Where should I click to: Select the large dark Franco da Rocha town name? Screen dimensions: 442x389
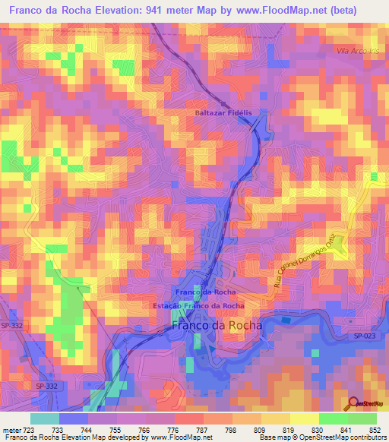(x=217, y=325)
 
